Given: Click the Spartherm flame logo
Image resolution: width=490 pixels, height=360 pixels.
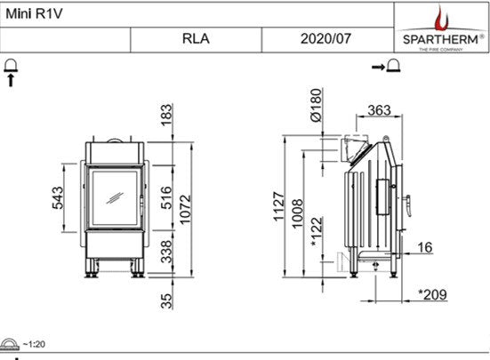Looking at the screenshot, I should [442, 18].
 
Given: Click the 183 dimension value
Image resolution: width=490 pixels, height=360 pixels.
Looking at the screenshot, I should [165, 115].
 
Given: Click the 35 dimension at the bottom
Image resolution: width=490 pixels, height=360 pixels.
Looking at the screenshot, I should [165, 300].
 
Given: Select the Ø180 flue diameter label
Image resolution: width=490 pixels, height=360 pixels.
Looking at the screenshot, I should [315, 104].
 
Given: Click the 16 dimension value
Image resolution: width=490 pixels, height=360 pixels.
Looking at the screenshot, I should [424, 247].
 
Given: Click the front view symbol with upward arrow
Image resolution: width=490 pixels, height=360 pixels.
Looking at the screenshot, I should [12, 70].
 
